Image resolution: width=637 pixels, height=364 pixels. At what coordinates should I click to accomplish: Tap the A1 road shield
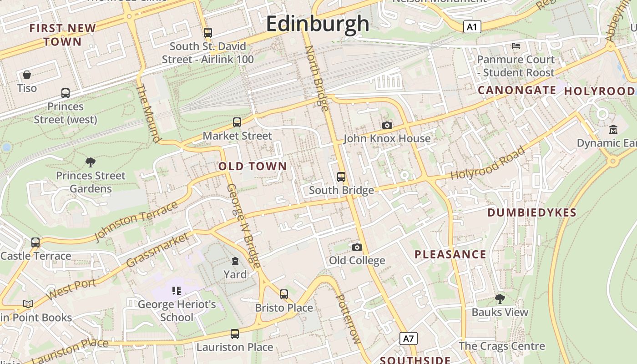click(472, 27)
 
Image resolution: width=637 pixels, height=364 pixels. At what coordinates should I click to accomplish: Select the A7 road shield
click(409, 339)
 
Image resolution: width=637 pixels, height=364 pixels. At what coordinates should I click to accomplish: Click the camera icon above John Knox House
click(387, 125)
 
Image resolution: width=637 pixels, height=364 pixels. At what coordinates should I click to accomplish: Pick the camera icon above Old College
click(357, 247)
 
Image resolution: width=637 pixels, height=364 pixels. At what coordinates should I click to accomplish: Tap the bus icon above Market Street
click(237, 122)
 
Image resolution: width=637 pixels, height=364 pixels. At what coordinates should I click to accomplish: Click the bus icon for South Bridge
click(341, 177)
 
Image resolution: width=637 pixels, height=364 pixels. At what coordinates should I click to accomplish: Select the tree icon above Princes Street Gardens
click(91, 162)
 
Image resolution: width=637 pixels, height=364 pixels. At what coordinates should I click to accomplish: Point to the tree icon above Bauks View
click(500, 299)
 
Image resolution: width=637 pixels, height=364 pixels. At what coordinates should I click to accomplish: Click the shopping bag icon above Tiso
click(27, 75)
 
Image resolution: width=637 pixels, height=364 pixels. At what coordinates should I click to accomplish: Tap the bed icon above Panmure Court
click(516, 46)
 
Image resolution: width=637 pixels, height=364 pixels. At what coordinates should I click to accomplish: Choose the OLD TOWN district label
click(253, 167)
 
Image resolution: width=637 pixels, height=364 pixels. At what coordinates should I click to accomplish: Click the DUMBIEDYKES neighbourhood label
click(532, 212)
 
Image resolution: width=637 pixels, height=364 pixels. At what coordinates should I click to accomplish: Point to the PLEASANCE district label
click(450, 254)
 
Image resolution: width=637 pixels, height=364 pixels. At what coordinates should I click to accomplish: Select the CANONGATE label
click(516, 90)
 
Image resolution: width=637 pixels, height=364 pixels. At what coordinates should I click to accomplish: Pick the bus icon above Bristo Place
click(284, 294)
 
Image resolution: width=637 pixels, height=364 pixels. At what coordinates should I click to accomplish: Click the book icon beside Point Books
click(28, 304)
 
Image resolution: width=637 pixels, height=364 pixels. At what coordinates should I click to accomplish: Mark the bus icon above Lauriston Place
click(235, 334)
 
